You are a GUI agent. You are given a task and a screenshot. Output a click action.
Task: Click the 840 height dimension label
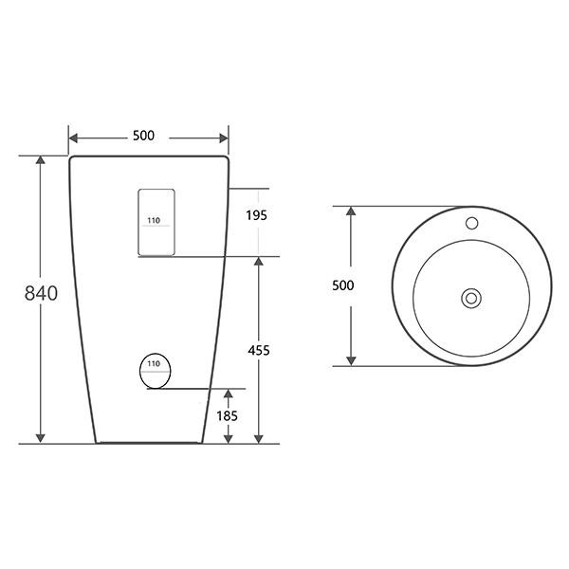click(x=41, y=293)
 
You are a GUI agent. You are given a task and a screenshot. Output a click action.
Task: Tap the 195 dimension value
click(x=256, y=215)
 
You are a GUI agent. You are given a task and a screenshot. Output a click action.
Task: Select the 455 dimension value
click(x=259, y=350)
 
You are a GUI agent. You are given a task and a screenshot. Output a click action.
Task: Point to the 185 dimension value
click(x=228, y=416)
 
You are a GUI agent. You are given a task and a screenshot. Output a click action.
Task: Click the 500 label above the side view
click(x=143, y=136)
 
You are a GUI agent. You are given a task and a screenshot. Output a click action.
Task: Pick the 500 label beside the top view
click(x=343, y=285)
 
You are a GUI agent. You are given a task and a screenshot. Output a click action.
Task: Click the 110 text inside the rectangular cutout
click(x=154, y=220)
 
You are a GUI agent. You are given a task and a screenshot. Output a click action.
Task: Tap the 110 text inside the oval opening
click(x=154, y=363)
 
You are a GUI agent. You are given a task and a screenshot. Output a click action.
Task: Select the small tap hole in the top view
click(x=471, y=223)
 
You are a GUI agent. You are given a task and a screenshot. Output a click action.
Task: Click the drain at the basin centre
click(x=471, y=299)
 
